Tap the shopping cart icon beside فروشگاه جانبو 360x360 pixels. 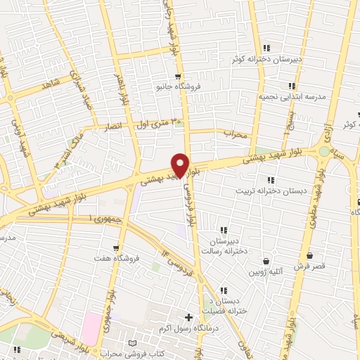pos(179,78)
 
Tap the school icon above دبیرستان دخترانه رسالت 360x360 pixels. pos(224,230)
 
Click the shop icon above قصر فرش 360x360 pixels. pos(310,256)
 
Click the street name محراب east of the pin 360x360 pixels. pos(236,133)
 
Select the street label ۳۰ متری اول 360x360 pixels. pos(160,123)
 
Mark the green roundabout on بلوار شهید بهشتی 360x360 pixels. pos(323,150)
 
